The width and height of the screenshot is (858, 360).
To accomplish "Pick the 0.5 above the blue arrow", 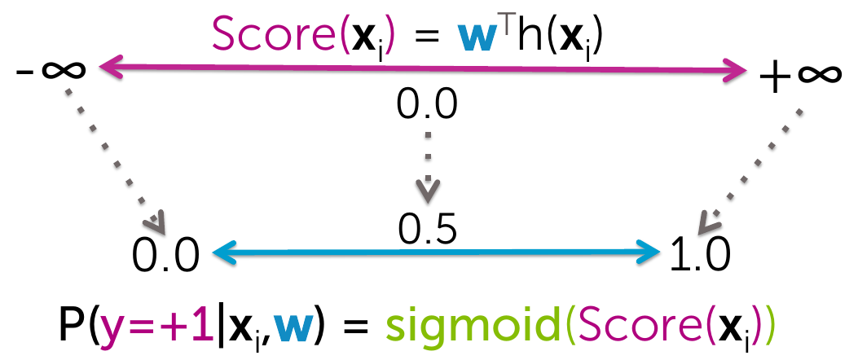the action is (x=427, y=229).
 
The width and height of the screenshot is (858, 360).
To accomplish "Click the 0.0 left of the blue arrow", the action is (x=165, y=256).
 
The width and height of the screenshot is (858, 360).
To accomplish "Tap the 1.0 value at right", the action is (x=699, y=256).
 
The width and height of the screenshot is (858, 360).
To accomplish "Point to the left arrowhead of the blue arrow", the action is (x=223, y=252).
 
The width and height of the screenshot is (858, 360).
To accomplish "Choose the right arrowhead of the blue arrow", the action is (x=649, y=252).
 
